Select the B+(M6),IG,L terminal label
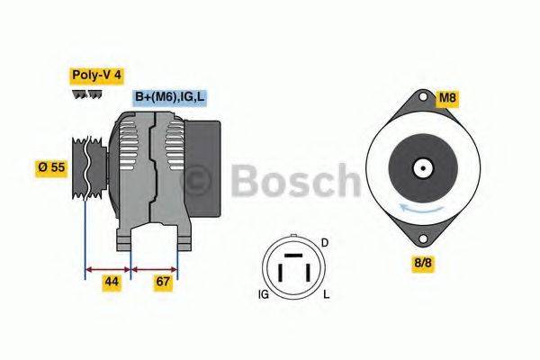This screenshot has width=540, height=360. coord(170,96)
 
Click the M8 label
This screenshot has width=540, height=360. coord(447,96)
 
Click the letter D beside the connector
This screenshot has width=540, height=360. coord(325,244)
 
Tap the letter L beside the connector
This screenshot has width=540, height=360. coord(326,294)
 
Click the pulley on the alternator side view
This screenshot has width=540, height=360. coord(85,169)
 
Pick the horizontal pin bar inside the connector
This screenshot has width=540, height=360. coord(290,258)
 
